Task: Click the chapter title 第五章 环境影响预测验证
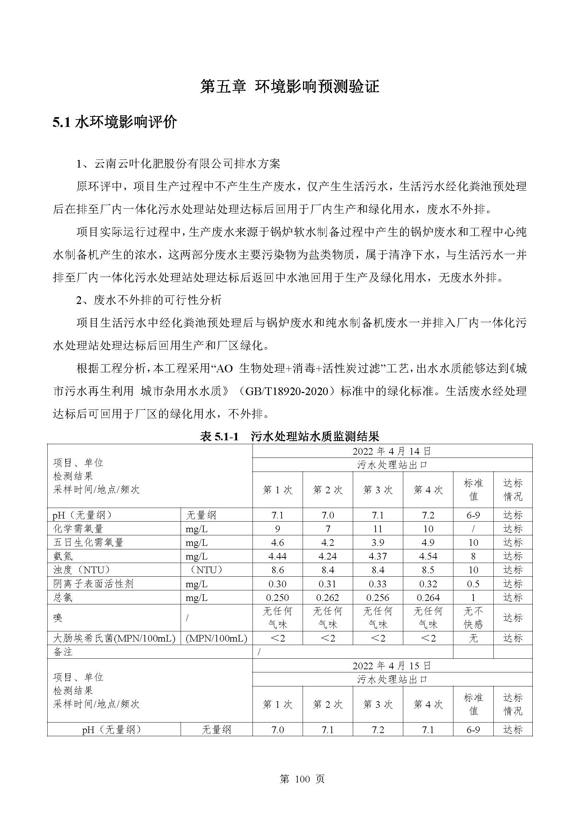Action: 290,87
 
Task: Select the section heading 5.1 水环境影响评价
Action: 115,122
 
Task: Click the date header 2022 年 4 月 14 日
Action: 392,451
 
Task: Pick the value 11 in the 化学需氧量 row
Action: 378,529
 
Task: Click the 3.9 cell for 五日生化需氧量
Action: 378,542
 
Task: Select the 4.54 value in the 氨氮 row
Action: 428,556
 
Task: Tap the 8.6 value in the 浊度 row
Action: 277,570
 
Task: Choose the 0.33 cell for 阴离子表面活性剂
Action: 378,584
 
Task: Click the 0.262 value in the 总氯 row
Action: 328,597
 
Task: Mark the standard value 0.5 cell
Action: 473,584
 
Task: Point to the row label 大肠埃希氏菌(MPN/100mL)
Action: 114,638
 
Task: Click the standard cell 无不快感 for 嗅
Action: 473,617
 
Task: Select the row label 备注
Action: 63,652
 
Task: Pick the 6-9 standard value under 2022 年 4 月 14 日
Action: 473,515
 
